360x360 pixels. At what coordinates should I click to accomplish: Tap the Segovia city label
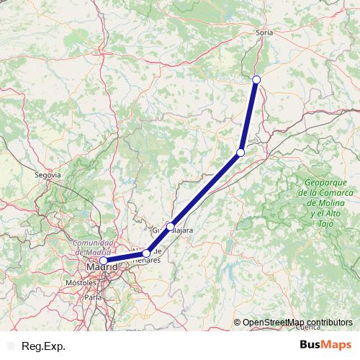coord(48,174)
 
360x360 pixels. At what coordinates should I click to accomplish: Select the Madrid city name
coord(100,269)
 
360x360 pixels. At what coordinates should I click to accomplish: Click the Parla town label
coord(93,296)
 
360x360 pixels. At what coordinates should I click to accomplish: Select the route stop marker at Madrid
coord(103,261)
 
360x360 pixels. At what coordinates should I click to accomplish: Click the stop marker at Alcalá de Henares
coord(146,253)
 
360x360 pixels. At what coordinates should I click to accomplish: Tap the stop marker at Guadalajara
coord(170,227)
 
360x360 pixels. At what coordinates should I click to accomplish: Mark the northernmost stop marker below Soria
coord(256,79)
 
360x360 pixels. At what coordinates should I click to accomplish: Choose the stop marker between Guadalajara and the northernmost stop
coord(240,153)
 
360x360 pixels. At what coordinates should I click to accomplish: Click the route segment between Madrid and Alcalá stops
coord(125,257)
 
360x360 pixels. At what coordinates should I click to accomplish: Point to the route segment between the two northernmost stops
coord(248,116)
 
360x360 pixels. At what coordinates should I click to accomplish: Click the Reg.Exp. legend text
coord(44,346)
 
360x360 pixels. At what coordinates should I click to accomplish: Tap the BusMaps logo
coord(326,346)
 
